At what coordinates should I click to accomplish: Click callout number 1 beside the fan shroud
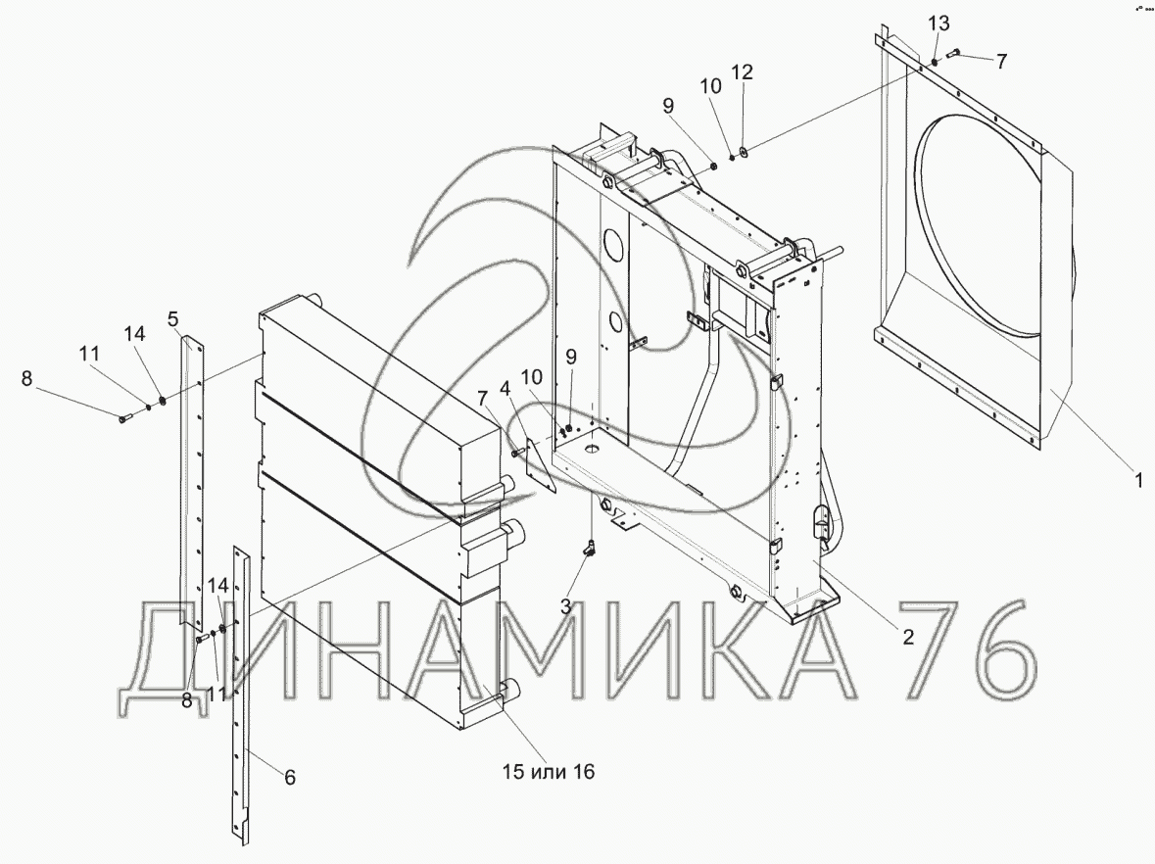1138,480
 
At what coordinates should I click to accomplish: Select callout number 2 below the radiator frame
908,637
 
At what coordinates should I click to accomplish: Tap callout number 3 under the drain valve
565,606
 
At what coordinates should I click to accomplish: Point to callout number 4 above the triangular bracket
505,388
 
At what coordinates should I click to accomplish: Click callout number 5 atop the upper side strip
173,319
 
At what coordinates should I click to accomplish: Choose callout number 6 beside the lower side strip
290,777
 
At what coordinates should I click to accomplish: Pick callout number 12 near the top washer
742,72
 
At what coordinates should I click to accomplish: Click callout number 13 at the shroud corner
938,24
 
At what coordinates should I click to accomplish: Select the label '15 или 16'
548,772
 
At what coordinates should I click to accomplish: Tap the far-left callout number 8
26,378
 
